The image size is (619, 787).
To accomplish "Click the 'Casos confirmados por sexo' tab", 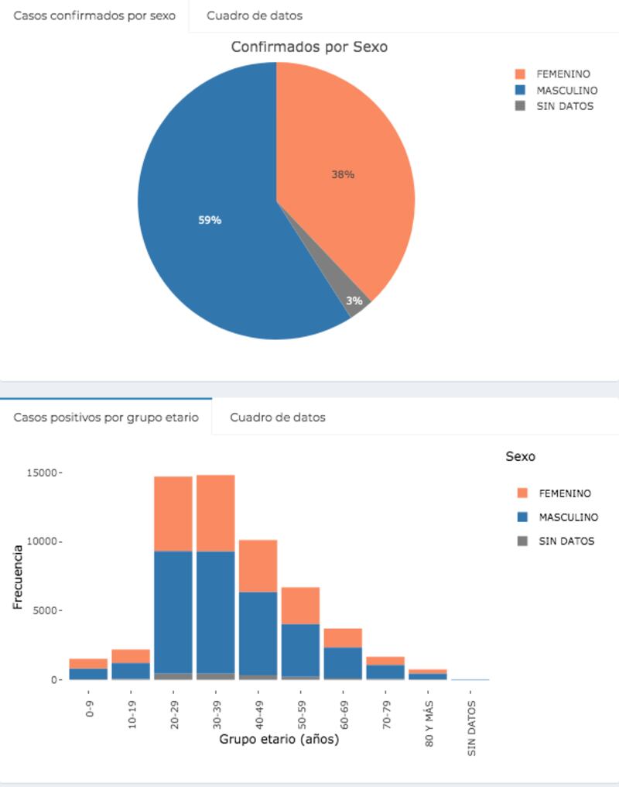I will pyautogui.click(x=94, y=15).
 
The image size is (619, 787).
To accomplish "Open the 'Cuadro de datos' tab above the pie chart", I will pyautogui.click(x=254, y=15).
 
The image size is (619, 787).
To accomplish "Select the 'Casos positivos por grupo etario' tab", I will pyautogui.click(x=106, y=418).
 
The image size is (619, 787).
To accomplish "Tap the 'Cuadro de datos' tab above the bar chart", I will pyautogui.click(x=277, y=418).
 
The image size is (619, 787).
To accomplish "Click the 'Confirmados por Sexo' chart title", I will pyautogui.click(x=309, y=47).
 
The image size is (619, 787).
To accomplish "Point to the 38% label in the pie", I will pyautogui.click(x=343, y=175).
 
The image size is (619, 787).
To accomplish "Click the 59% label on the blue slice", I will pyautogui.click(x=210, y=220).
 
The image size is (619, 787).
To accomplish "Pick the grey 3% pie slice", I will pyautogui.click(x=357, y=303).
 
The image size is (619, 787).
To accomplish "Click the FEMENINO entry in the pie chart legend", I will pyautogui.click(x=563, y=74).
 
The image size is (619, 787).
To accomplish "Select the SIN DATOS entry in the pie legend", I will pyautogui.click(x=564, y=106).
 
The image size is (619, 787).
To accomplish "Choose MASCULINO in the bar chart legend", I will pyautogui.click(x=567, y=517).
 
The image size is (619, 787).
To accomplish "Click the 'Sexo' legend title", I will pyautogui.click(x=520, y=456).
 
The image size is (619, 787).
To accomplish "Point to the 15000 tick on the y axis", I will pyautogui.click(x=43, y=473).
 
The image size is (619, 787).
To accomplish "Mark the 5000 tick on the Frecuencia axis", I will pyautogui.click(x=46, y=610).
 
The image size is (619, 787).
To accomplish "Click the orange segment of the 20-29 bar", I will pyautogui.click(x=173, y=514).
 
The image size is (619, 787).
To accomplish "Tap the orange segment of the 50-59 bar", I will pyautogui.click(x=300, y=606).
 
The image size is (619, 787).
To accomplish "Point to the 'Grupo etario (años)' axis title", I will pyautogui.click(x=279, y=739).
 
